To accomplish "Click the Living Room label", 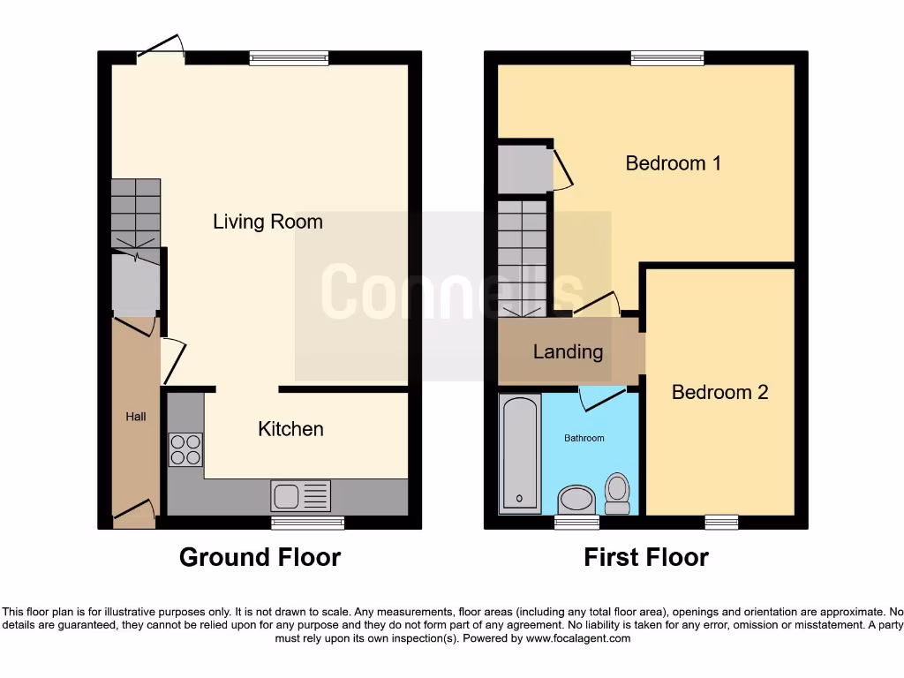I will tap(267, 222).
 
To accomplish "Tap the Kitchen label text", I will tap(290, 429).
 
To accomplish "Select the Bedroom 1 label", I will tap(673, 163).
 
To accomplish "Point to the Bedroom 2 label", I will tap(719, 392).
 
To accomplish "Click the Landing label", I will tap(568, 352).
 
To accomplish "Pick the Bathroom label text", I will tap(584, 438).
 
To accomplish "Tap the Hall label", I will tap(135, 417).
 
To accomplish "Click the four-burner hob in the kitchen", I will tap(185, 451).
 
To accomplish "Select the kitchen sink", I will tap(301, 496).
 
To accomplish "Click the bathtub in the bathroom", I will tap(520, 454).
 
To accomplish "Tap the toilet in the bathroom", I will tap(616, 493).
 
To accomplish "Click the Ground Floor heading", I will tap(260, 558).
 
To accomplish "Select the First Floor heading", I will tap(645, 558).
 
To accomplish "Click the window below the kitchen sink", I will tap(307, 523).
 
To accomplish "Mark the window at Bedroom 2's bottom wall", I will tap(721, 523).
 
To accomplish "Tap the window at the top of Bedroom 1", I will tap(667, 58).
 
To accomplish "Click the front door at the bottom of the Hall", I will tap(134, 511).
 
